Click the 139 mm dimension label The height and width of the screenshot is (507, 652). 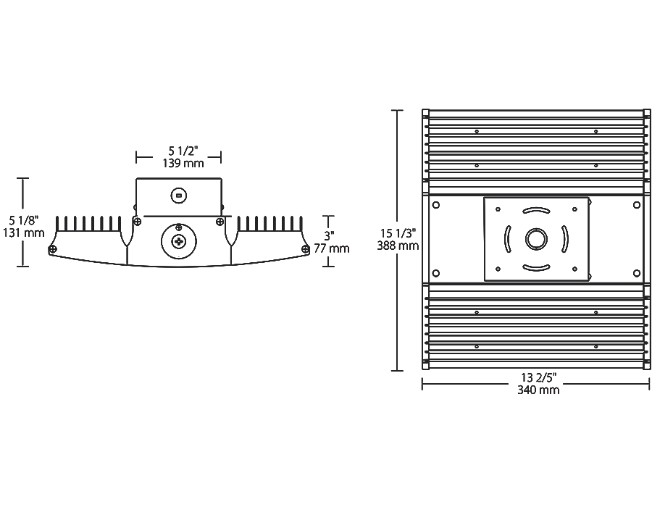click(183, 163)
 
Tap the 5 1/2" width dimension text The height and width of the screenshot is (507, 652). click(183, 151)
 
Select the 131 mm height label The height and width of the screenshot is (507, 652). click(23, 232)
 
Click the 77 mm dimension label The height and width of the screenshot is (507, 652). click(331, 248)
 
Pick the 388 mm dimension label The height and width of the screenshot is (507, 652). click(398, 246)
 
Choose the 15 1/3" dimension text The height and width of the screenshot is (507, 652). click(398, 233)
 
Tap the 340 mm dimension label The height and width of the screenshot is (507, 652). click(538, 390)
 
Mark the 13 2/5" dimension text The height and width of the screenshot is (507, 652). click(539, 377)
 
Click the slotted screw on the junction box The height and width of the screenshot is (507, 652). click(179, 196)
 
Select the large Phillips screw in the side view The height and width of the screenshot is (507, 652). click(179, 240)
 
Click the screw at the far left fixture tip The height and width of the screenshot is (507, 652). click(53, 249)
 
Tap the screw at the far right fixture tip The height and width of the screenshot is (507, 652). click(306, 249)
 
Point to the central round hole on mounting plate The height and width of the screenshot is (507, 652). click(536, 239)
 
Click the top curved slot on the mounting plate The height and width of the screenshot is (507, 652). click(536, 211)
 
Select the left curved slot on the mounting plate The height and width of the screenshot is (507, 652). click(507, 239)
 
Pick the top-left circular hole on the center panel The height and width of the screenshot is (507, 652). click(436, 205)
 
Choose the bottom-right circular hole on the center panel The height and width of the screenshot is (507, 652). click(637, 273)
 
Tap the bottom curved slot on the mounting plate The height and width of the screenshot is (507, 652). click(536, 268)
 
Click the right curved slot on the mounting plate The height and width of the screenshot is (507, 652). click(565, 239)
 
